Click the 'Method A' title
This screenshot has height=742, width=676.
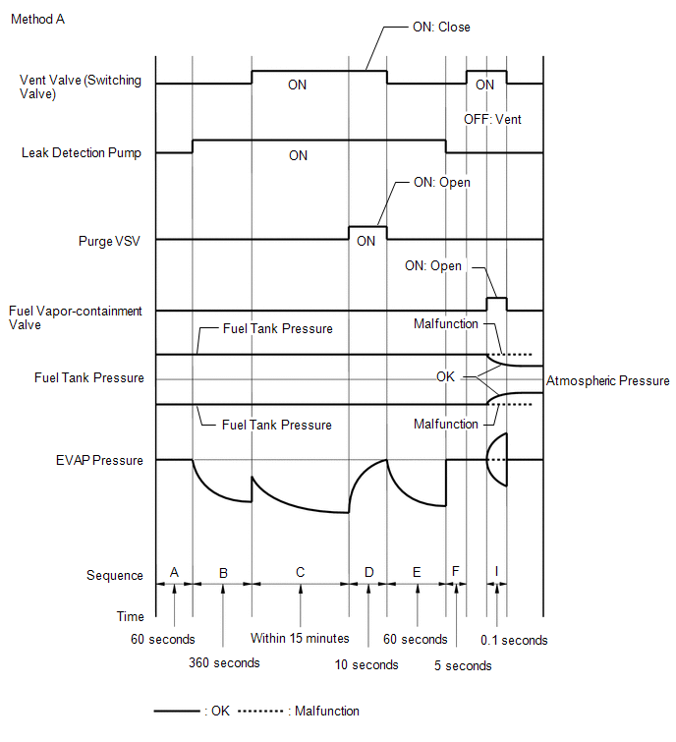pos(37,20)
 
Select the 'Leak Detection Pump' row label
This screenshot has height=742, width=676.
pos(82,153)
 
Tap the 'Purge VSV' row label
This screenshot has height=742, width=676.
pos(109,242)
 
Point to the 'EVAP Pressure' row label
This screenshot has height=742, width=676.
pos(99,461)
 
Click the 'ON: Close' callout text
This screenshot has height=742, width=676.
pos(441,27)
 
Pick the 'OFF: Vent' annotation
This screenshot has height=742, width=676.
pos(492,119)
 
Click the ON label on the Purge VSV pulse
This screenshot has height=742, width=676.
pos(366,242)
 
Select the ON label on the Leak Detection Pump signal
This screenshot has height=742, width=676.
pos(298,155)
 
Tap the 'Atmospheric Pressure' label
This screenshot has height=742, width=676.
pos(608,381)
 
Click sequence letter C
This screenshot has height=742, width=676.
pos(301,573)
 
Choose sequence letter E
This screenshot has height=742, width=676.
pos(417,573)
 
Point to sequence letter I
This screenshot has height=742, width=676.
pos(497,572)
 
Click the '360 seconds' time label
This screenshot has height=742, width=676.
pos(224,663)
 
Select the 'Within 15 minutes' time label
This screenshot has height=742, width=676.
pos(300,639)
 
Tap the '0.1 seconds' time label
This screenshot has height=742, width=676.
pos(514,640)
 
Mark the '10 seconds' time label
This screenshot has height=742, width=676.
pos(366,665)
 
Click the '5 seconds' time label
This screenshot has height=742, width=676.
pos(463,665)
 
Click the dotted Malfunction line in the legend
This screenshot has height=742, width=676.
pos(260,711)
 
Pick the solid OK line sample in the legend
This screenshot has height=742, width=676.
pos(177,711)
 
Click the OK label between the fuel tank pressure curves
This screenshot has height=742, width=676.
pos(446,376)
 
